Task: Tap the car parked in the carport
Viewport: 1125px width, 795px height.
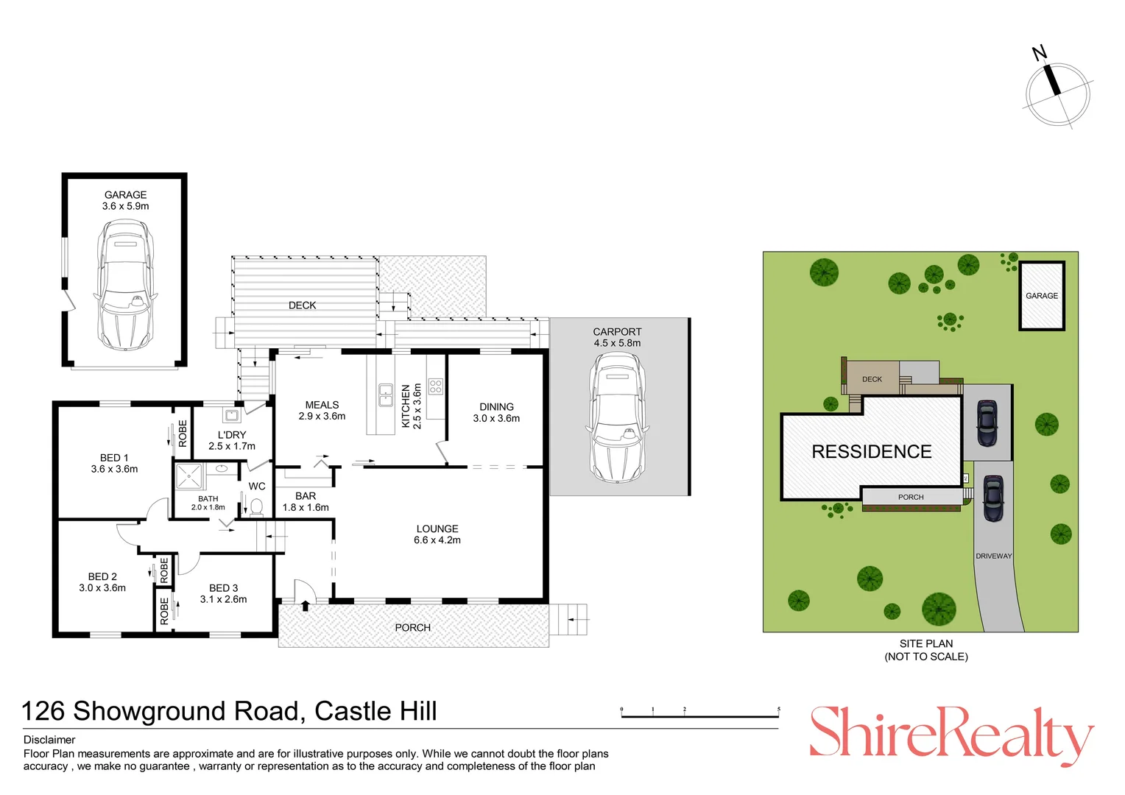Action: pos(617,417)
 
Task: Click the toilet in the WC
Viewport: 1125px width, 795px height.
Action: pos(257,506)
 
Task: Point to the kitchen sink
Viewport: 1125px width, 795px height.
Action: pos(385,395)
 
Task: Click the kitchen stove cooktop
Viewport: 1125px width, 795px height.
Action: pos(435,386)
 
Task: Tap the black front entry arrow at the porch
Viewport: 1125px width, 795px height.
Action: pos(306,606)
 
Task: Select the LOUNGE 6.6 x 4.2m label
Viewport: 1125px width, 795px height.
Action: pos(437,534)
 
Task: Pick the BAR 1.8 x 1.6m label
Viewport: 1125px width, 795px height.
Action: pos(306,501)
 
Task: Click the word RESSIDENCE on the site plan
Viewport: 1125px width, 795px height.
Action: pos(872,451)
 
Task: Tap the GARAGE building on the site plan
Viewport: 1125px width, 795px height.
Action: pos(1042,296)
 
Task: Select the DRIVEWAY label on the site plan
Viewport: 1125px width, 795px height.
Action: pos(993,556)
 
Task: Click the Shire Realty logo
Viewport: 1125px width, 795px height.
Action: pos(951,733)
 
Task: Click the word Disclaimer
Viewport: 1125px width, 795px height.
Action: pos(49,740)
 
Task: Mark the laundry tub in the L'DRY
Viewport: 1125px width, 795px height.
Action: pos(232,415)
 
